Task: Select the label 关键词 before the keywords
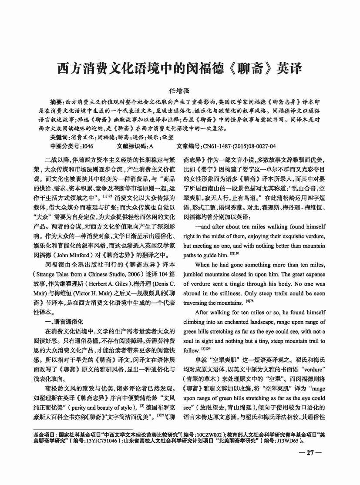[59, 137]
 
